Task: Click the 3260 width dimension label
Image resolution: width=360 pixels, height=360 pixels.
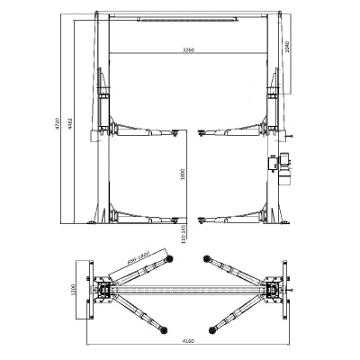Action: pyautogui.click(x=187, y=49)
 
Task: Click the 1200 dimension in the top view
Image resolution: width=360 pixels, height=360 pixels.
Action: pyautogui.click(x=76, y=292)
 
